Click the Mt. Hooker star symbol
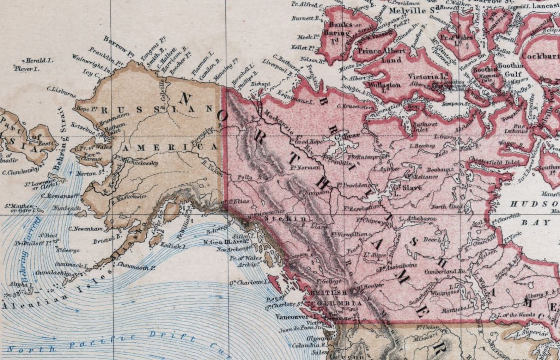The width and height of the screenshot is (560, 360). [x=354, y=291]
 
